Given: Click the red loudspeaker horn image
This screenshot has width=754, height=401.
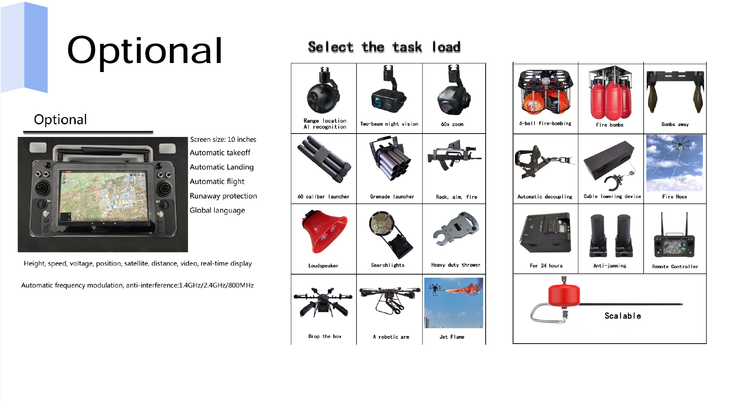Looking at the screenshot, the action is [x=324, y=231].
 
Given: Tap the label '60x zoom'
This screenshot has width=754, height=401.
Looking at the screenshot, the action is [x=452, y=124].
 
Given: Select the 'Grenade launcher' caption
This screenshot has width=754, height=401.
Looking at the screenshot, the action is [x=392, y=197].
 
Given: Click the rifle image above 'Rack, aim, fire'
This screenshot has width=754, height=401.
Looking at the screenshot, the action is [x=454, y=156].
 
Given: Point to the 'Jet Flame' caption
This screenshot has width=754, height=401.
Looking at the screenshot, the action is [x=452, y=337].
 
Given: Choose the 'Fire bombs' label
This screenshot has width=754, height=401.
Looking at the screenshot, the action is [x=610, y=125].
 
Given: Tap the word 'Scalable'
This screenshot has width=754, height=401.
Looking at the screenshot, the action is [x=623, y=316].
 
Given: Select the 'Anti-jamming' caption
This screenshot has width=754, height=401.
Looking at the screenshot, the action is [x=610, y=266].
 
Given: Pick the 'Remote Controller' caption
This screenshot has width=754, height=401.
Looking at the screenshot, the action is [x=675, y=266].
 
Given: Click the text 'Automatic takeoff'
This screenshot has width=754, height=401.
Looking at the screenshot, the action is [x=220, y=153].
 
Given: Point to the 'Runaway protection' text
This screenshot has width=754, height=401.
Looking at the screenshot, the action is [x=223, y=196].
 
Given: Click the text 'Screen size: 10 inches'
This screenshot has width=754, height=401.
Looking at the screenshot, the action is [x=223, y=140].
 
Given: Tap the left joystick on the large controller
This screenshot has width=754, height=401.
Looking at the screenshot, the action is [x=43, y=187].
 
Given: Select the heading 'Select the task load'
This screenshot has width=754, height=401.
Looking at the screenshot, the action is [x=384, y=47].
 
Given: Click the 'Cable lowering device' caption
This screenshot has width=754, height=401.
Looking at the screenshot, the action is [x=612, y=196].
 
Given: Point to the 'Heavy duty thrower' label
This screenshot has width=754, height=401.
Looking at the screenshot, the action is [x=456, y=265].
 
